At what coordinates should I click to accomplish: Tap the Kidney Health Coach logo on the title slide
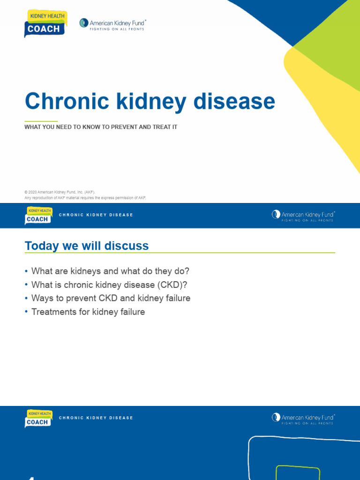click(x=45, y=23)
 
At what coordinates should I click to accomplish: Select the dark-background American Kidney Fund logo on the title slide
click(x=112, y=23)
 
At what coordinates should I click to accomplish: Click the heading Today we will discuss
click(x=87, y=246)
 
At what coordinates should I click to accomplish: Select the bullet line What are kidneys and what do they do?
click(x=110, y=271)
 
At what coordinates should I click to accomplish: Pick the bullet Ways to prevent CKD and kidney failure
click(x=111, y=298)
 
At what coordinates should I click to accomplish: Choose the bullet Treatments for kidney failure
click(x=88, y=312)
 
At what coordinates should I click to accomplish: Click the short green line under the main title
click(x=41, y=121)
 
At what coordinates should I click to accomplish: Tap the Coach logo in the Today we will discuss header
click(x=38, y=216)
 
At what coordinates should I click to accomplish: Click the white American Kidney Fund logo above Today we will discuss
click(x=303, y=216)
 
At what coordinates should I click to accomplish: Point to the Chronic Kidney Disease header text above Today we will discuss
click(x=96, y=215)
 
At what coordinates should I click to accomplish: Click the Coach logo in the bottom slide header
click(x=38, y=419)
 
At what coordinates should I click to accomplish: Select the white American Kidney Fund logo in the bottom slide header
click(x=303, y=419)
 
